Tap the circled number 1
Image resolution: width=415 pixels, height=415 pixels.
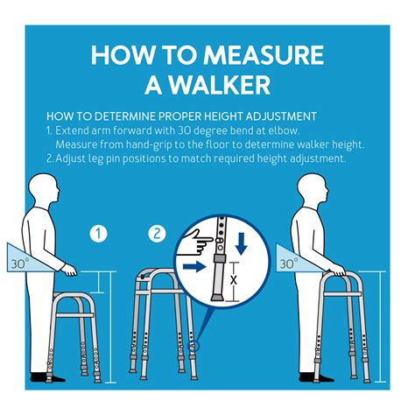coord(100,234)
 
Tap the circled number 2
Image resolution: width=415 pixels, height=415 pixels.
coord(157,234)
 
